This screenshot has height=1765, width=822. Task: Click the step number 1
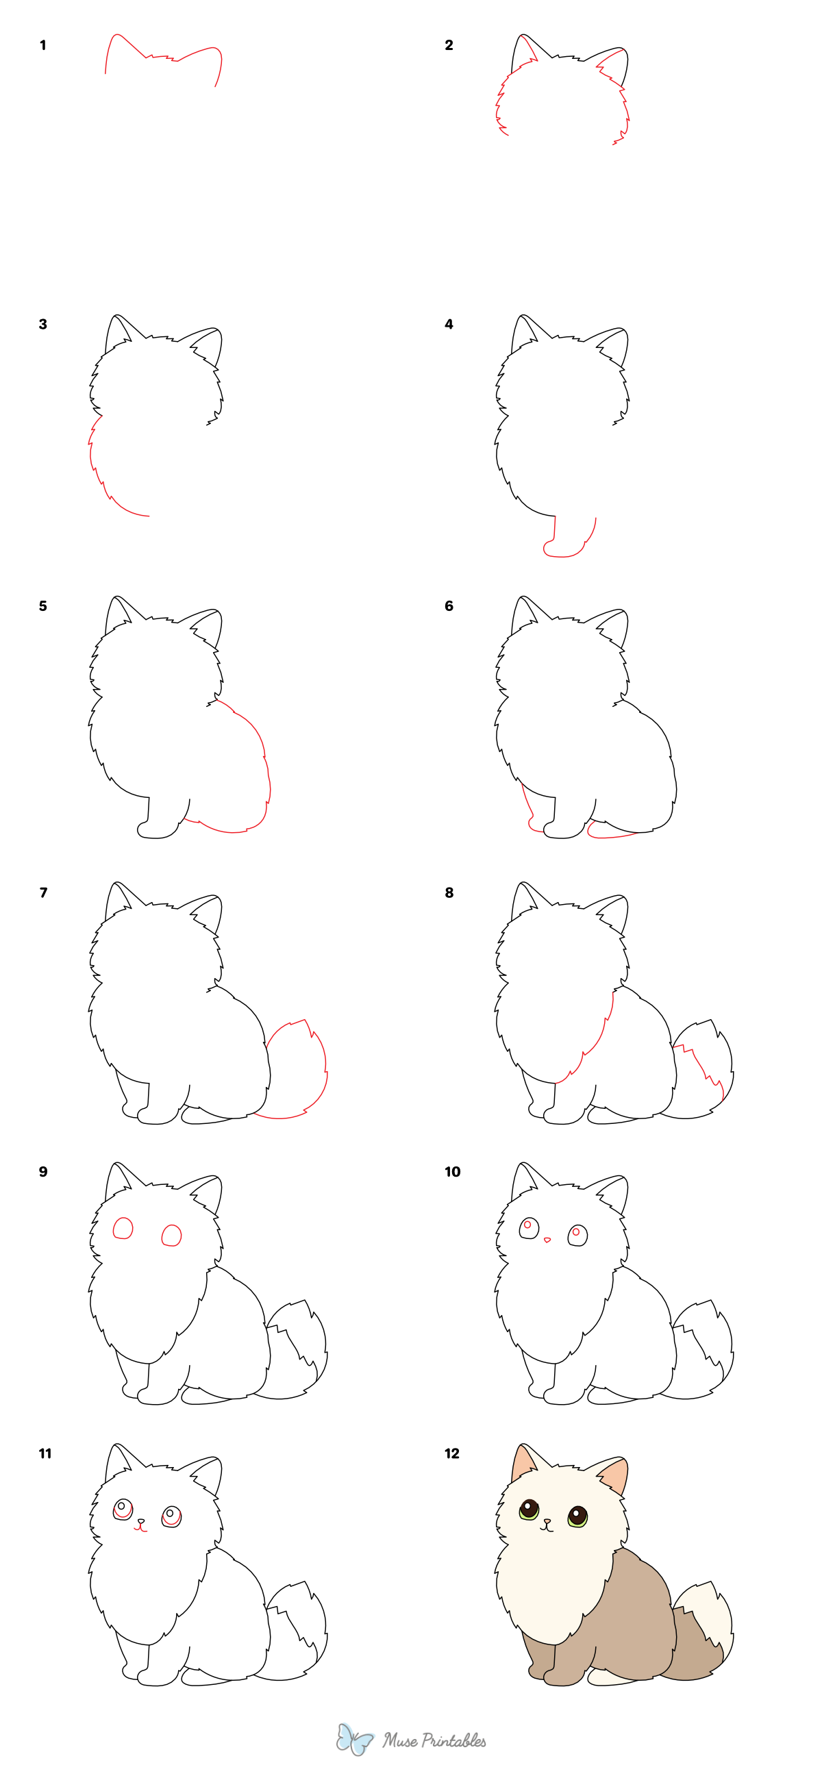[43, 45]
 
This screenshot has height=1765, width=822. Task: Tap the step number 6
[449, 605]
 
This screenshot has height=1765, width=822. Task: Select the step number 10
[452, 1172]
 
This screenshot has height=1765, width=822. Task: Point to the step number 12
[452, 1453]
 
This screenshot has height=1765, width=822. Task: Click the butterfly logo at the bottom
[354, 1739]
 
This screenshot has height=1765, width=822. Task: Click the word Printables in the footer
[453, 1740]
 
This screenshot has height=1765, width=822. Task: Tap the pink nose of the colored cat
[547, 1521]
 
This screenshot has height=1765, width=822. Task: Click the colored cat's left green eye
[529, 1510]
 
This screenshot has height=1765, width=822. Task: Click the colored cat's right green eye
[577, 1517]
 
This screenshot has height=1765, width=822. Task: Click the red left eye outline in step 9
[123, 1228]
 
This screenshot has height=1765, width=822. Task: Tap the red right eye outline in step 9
[171, 1235]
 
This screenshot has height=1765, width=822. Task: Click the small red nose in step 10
[547, 1240]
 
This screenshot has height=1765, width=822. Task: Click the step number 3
[43, 324]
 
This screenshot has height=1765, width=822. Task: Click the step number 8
[449, 892]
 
